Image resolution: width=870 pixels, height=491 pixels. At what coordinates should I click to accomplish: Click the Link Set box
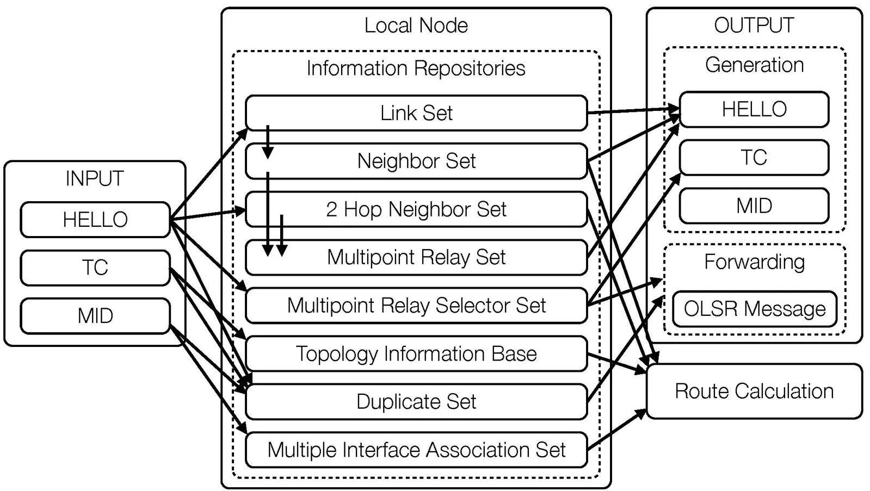tap(416, 113)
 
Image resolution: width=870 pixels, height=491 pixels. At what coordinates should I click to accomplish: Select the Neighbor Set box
tap(416, 161)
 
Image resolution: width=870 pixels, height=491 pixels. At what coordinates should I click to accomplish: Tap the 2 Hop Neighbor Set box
tap(416, 209)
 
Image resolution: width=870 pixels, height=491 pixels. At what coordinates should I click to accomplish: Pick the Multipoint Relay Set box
tap(416, 257)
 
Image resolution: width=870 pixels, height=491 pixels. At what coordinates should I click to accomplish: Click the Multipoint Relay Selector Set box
tap(416, 306)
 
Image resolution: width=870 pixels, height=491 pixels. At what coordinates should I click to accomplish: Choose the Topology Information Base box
tap(416, 354)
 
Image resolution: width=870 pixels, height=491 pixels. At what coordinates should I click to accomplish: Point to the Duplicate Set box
tap(416, 402)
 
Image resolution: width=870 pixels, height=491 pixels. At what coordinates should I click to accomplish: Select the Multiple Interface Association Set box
tap(416, 450)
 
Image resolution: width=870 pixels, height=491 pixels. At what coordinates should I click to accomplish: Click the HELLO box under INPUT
tap(95, 220)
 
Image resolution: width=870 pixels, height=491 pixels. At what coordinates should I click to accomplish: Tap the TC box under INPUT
tap(95, 268)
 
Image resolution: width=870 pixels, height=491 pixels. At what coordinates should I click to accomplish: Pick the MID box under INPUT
tap(95, 316)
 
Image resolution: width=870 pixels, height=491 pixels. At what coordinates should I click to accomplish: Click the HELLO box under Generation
tap(754, 109)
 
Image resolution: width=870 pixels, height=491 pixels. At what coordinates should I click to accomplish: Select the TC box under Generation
tap(754, 158)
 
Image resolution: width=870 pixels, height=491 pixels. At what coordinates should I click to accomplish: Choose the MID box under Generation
tap(754, 206)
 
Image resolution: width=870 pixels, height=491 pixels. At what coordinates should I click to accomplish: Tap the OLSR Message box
tap(754, 309)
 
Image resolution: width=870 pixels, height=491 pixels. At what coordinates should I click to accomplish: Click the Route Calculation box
tap(754, 391)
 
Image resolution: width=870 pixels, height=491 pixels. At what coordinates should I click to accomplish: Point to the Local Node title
tap(416, 26)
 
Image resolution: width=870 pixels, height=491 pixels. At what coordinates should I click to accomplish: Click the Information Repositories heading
tap(416, 69)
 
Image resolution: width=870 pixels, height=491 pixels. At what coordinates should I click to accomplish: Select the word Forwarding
tap(754, 262)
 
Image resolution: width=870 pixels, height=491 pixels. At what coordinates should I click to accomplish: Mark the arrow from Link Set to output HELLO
tap(634, 111)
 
